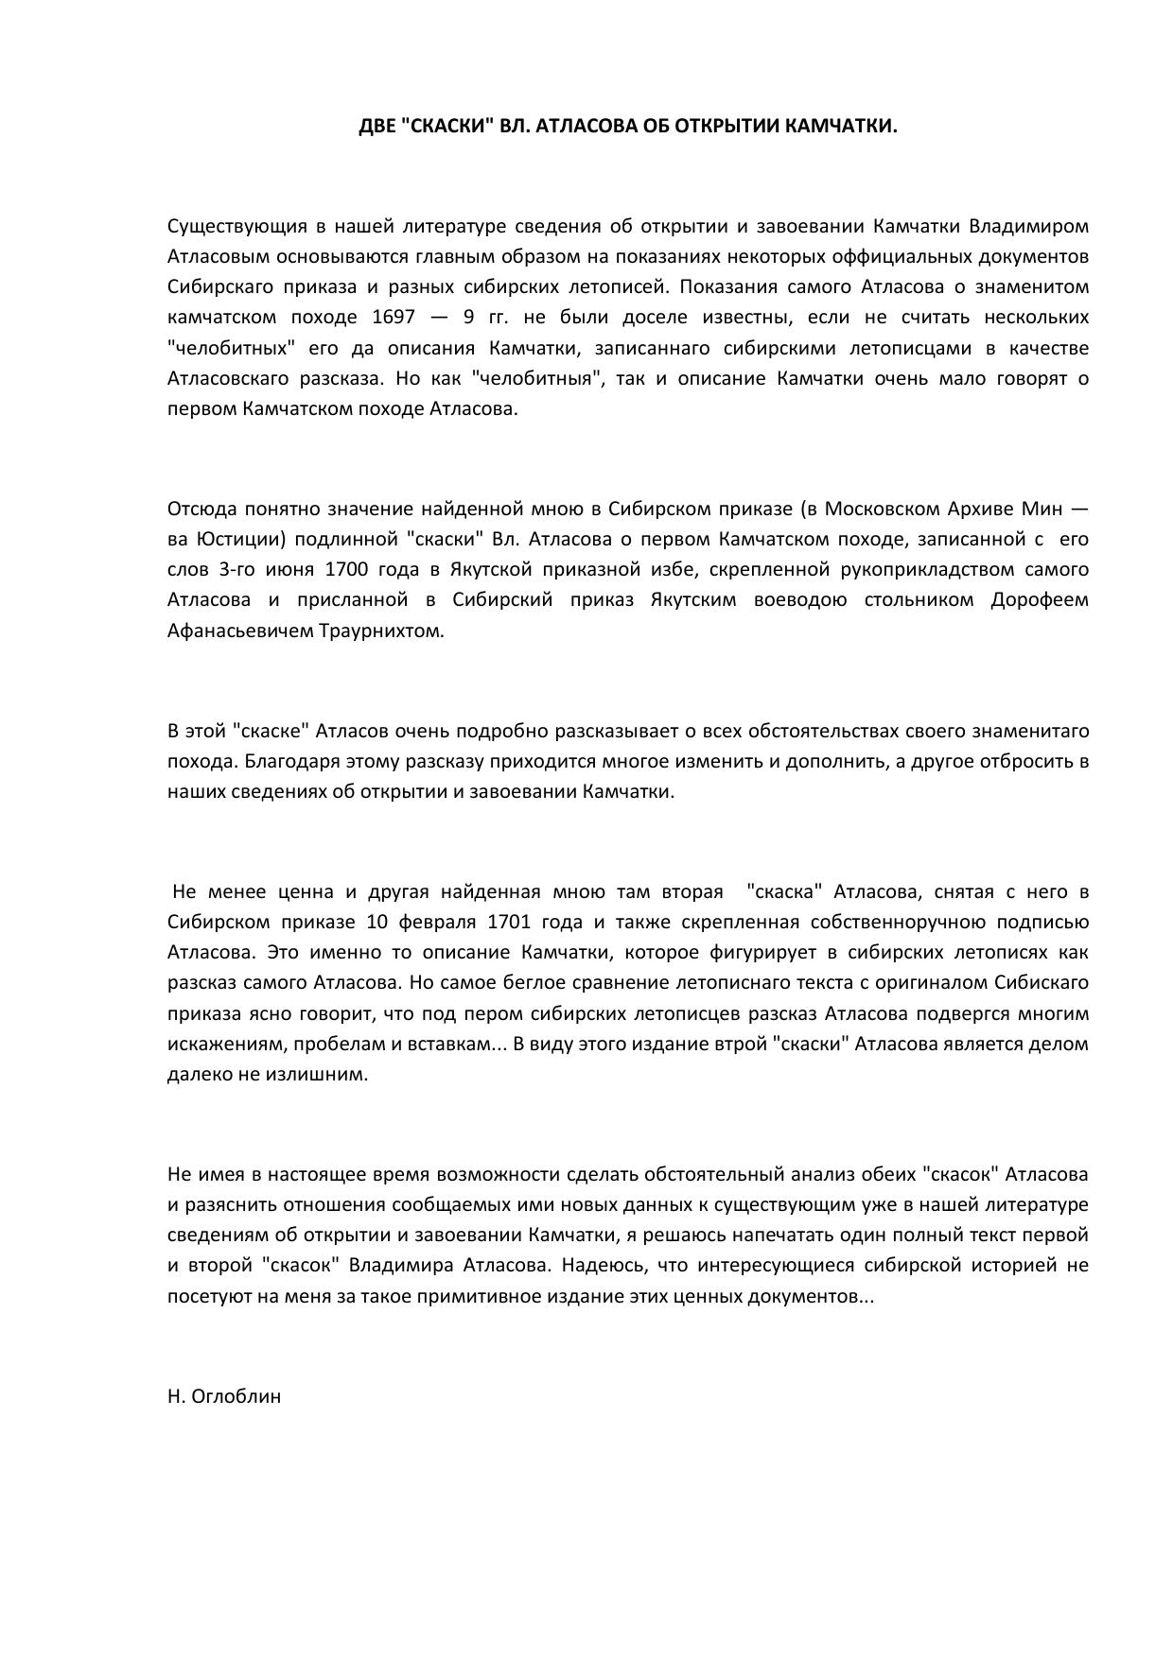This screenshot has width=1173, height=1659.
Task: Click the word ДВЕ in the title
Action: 377,126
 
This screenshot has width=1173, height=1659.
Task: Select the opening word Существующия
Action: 224,226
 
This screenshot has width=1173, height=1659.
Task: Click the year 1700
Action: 346,569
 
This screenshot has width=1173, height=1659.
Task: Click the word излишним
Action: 325,1074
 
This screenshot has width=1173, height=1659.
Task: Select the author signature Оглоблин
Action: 236,1395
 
